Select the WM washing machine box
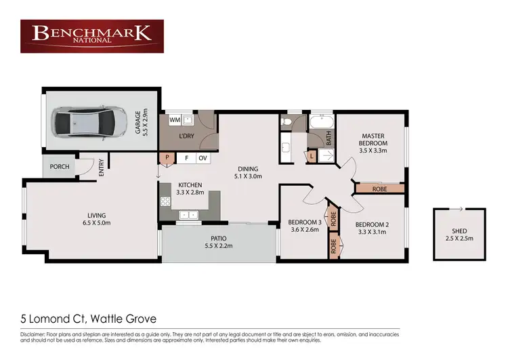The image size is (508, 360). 174,120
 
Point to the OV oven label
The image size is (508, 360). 202,158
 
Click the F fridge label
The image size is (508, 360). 186,158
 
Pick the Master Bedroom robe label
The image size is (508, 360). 379,189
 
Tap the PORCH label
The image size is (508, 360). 60,167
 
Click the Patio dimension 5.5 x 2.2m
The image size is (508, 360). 218,246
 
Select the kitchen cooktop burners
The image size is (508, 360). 164,201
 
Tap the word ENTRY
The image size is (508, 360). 102,167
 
